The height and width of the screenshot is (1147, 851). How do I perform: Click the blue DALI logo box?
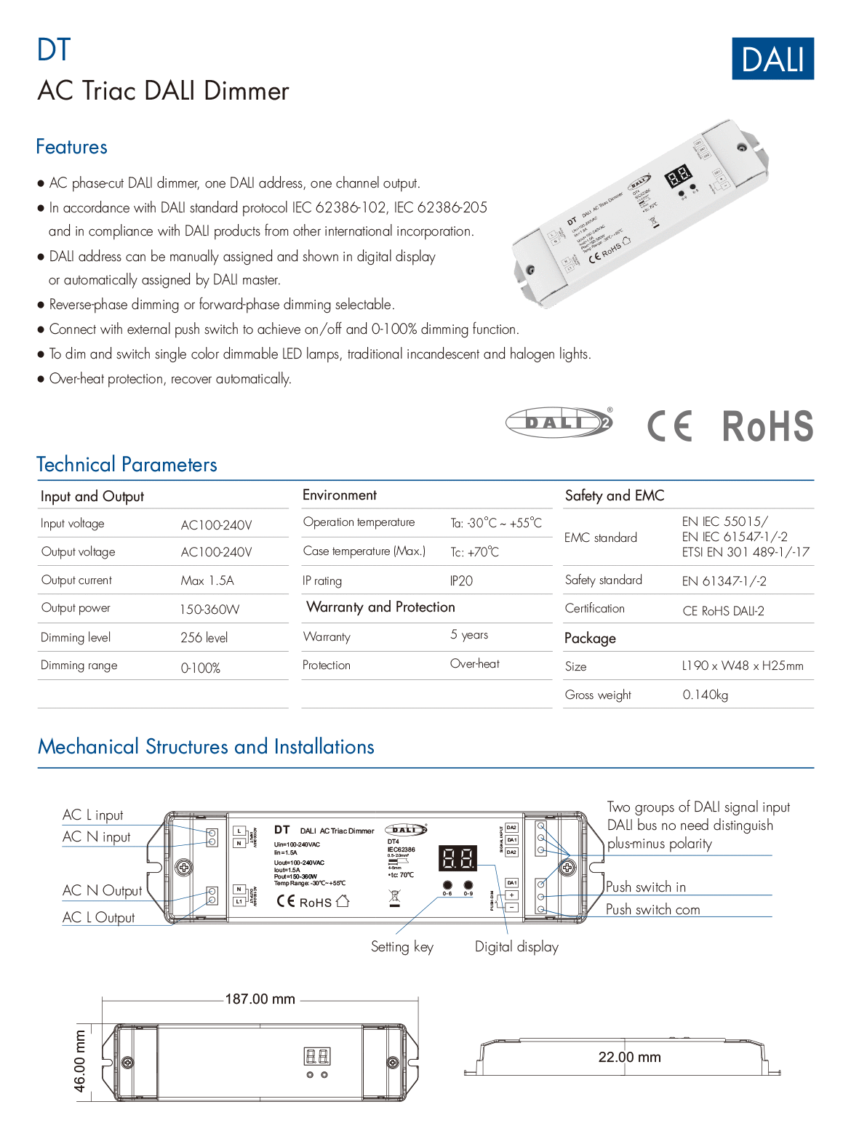(772, 59)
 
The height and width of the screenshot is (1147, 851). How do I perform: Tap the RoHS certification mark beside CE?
(767, 426)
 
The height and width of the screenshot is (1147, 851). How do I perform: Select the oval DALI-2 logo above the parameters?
(559, 423)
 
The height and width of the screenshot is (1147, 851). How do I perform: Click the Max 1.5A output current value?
(207, 580)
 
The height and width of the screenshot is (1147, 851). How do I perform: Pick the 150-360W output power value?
(209, 610)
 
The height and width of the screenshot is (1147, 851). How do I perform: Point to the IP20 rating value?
(461, 580)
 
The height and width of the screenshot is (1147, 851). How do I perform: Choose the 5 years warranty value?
(469, 635)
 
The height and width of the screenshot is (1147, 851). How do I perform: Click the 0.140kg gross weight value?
(705, 695)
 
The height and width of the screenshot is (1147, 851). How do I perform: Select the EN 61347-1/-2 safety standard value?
(724, 580)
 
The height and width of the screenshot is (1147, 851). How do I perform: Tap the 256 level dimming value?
(204, 638)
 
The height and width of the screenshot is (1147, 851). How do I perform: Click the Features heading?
(72, 147)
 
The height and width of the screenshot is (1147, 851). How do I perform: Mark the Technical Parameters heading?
(127, 465)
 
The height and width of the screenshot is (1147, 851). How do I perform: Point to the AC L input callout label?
(93, 815)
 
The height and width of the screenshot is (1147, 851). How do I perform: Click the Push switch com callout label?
(652, 909)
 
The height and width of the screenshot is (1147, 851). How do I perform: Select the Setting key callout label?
(401, 946)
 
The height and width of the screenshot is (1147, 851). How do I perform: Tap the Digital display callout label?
(516, 946)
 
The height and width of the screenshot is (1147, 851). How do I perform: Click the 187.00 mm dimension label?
(260, 999)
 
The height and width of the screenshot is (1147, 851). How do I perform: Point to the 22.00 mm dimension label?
(629, 1057)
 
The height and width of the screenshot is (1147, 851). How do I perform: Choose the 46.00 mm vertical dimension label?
(80, 1060)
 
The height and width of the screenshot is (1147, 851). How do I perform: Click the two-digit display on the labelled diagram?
(458, 858)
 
